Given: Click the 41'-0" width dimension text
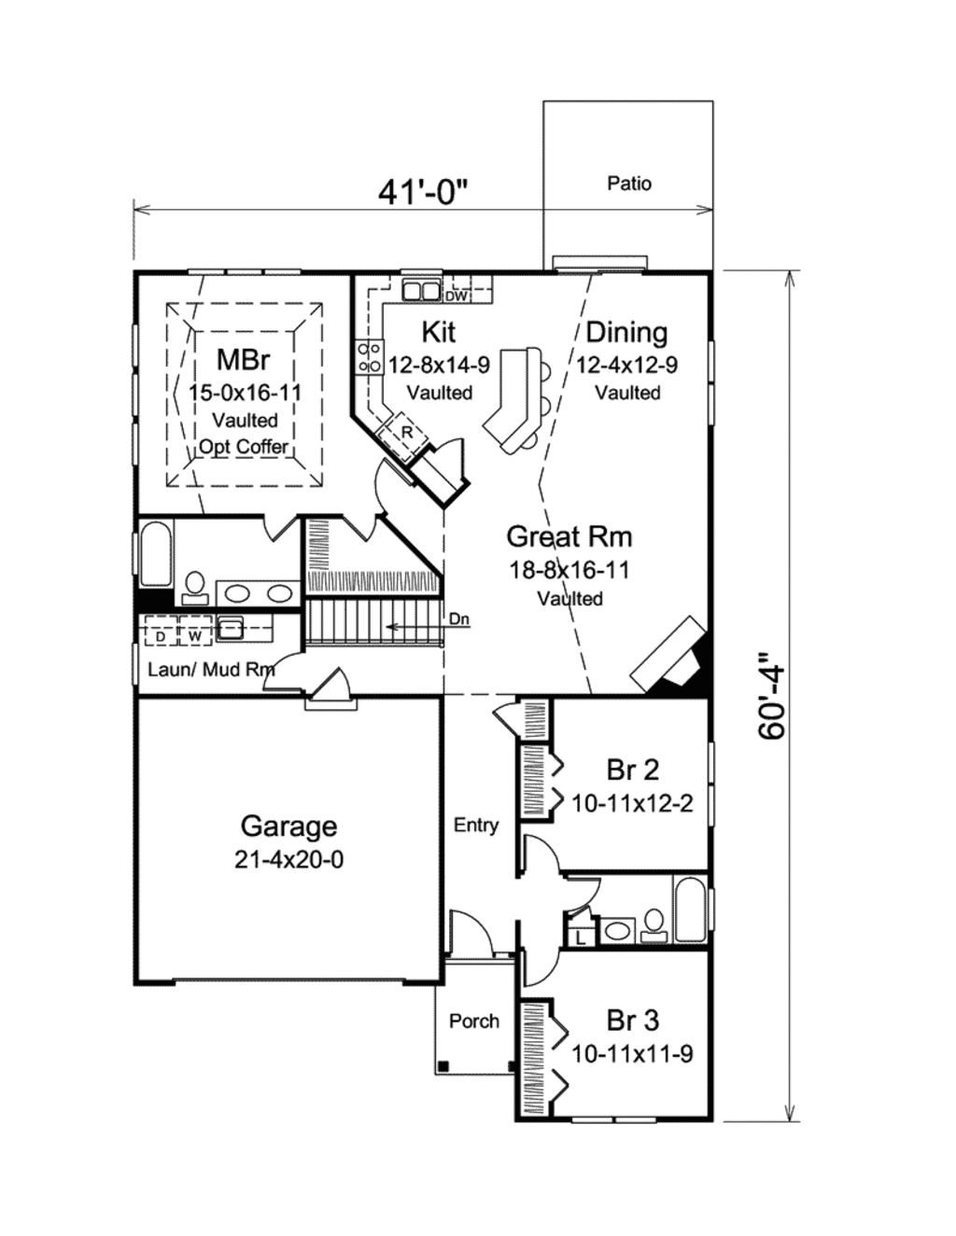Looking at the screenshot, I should tap(422, 191).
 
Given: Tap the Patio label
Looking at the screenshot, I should tap(629, 184).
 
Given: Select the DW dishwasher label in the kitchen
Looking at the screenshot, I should tap(456, 297).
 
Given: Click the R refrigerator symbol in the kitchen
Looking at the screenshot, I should tap(407, 432).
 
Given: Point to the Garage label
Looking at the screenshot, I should tap(288, 826).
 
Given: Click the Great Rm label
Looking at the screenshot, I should tap(569, 536).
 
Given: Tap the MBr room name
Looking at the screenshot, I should tap(243, 359).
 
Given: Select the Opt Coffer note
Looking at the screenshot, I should tap(244, 447).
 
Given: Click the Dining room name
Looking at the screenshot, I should tap(626, 332).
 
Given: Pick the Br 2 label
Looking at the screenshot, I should tap(632, 770).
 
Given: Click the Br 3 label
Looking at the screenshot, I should tap(632, 1021).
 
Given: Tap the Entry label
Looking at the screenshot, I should tap(476, 825).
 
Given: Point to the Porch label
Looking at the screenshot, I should tap(474, 1021).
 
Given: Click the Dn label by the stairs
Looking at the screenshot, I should tap(459, 618).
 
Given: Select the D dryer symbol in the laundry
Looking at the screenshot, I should tap(161, 636).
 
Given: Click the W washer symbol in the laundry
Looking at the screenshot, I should tap(195, 636).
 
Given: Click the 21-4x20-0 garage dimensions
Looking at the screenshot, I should tap(288, 859).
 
